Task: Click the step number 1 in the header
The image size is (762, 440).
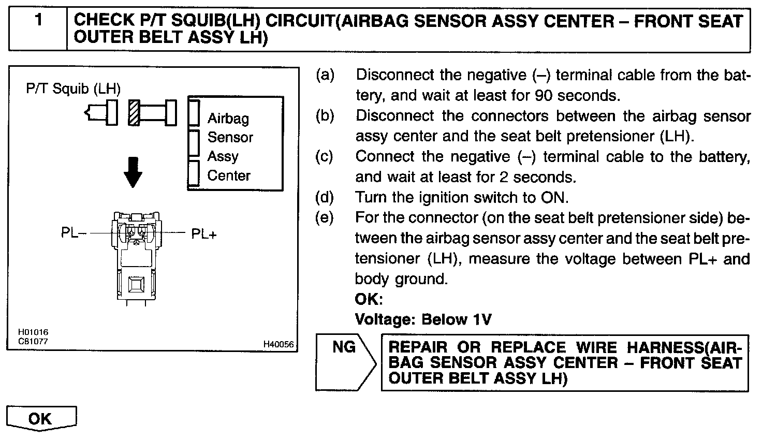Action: pyautogui.click(x=38, y=21)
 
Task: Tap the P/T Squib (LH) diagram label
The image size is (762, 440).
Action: pyautogui.click(x=73, y=89)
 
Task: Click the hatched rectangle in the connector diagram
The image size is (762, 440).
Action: pyautogui.click(x=134, y=112)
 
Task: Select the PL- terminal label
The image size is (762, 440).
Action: pyautogui.click(x=70, y=233)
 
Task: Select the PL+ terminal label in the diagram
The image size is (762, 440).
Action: pyautogui.click(x=204, y=234)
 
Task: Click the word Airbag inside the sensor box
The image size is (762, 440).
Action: pyautogui.click(x=228, y=119)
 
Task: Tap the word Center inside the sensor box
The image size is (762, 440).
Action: pyautogui.click(x=228, y=175)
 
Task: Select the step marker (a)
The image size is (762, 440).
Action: pyautogui.click(x=325, y=75)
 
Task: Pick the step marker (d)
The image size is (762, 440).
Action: pyautogui.click(x=325, y=197)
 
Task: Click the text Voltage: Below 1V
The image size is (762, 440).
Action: pyautogui.click(x=423, y=319)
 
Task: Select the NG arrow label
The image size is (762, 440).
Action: pyautogui.click(x=344, y=347)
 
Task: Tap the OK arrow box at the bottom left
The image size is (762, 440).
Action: pyautogui.click(x=40, y=418)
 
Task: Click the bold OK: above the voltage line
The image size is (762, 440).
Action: pyautogui.click(x=369, y=299)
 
